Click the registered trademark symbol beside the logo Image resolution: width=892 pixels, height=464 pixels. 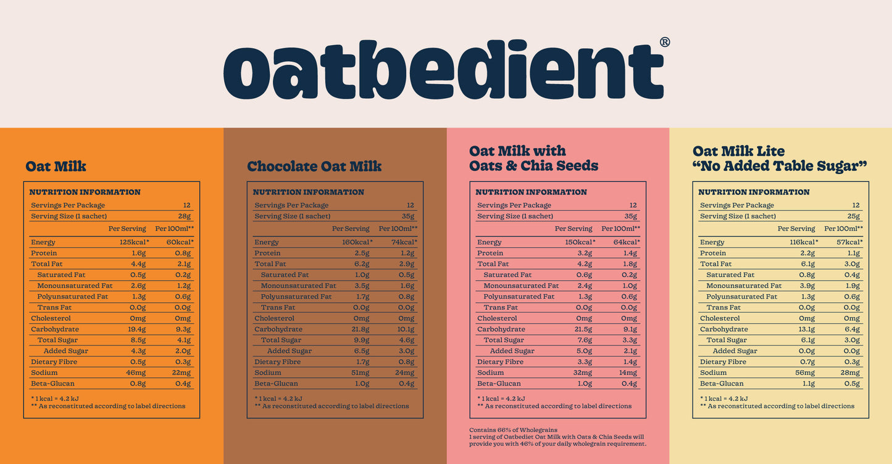click(665, 42)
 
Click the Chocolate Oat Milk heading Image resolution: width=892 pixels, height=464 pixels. click(314, 166)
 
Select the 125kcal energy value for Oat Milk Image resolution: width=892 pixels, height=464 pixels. click(135, 242)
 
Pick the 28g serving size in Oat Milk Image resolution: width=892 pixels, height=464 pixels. click(184, 217)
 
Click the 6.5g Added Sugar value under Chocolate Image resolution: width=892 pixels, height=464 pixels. click(361, 351)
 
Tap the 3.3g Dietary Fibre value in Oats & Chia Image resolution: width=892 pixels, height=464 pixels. click(583, 362)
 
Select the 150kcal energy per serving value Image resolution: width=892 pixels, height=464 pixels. click(580, 242)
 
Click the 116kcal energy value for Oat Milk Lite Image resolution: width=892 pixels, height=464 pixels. click(803, 242)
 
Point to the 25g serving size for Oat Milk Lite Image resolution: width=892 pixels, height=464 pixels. click(854, 217)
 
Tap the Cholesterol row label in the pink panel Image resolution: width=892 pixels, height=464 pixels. click(497, 318)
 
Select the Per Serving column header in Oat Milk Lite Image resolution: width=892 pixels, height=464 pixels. click(796, 229)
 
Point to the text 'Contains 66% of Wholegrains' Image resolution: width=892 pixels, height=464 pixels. click(513, 430)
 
